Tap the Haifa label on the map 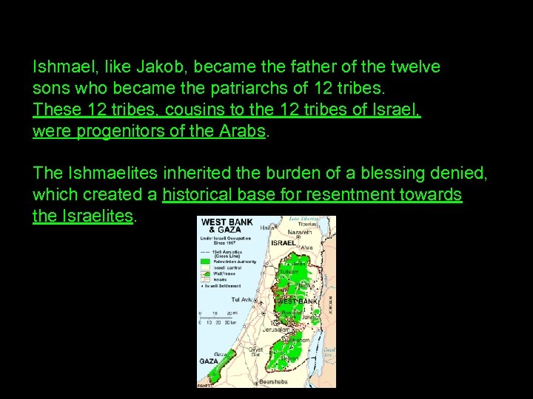tap(264, 228)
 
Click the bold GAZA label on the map tap(208, 361)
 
